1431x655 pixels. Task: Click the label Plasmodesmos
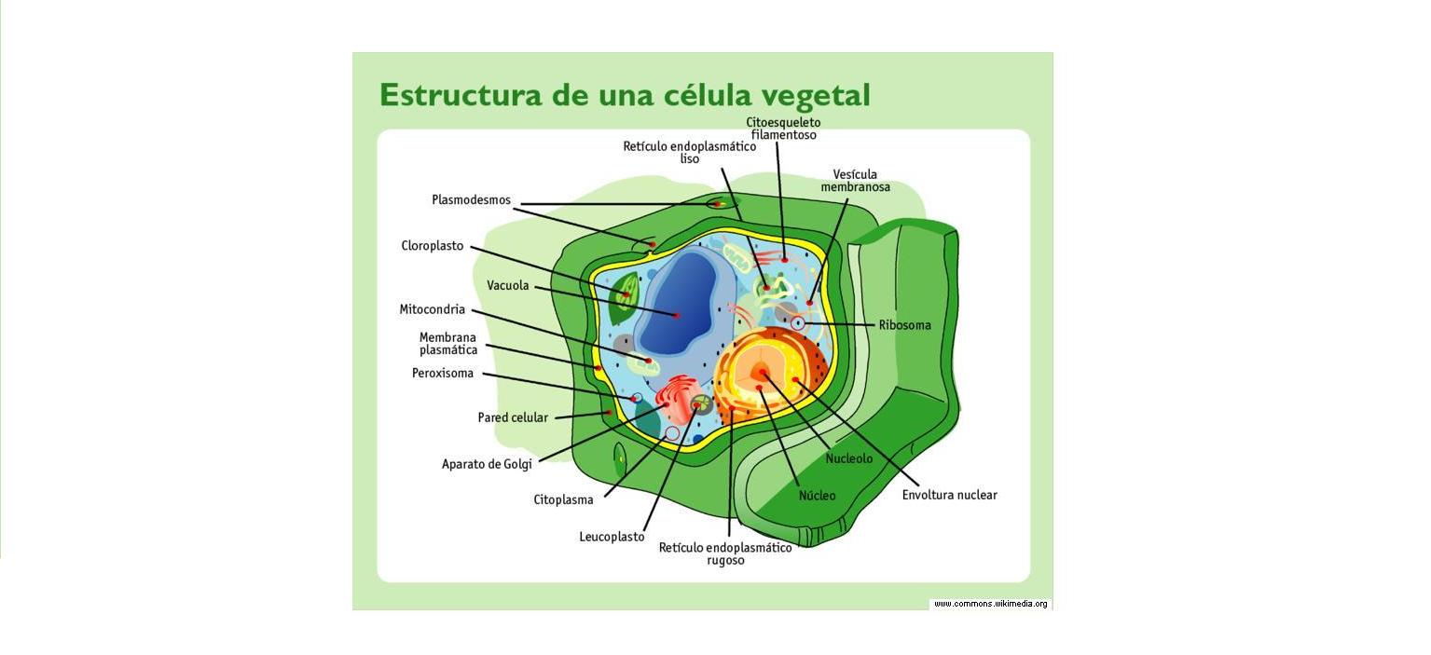tap(471, 200)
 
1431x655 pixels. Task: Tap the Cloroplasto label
tap(433, 246)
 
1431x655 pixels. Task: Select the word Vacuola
tap(508, 286)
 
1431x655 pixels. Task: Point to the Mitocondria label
tap(433, 309)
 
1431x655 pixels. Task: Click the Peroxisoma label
tap(443, 374)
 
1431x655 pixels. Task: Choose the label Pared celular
tap(513, 417)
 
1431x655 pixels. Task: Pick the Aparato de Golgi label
tap(487, 464)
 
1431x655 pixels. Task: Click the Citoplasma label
tap(563, 499)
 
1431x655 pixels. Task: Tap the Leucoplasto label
tap(612, 537)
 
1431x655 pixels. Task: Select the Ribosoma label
tap(904, 325)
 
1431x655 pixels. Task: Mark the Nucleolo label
tap(849, 458)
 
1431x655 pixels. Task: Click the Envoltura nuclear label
tap(949, 495)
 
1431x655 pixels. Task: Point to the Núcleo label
tap(817, 496)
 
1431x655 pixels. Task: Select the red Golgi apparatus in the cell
tap(674, 398)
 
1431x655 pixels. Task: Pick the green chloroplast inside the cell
tap(623, 298)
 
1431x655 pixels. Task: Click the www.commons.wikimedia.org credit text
tap(990, 604)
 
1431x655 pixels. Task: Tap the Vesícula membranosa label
tap(855, 181)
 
